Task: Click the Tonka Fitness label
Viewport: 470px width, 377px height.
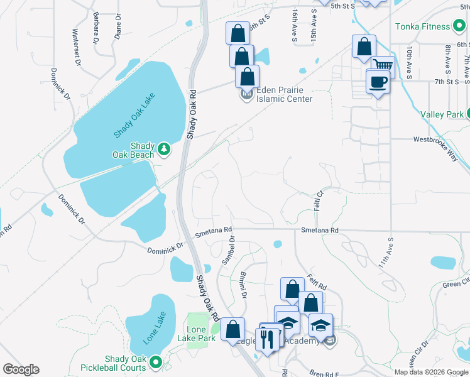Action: (422, 26)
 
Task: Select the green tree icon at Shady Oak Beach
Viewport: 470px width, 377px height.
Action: (164, 148)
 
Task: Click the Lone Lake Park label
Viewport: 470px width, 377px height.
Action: (201, 334)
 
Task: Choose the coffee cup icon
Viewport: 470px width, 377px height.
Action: (378, 82)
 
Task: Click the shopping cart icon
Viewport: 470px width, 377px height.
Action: (382, 65)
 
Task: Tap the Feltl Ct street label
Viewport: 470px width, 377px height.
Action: (319, 200)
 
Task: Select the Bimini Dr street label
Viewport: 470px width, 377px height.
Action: (242, 281)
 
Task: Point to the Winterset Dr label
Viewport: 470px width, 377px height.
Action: (76, 46)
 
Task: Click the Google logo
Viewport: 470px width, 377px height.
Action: (21, 369)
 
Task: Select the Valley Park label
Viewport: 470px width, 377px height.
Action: (442, 114)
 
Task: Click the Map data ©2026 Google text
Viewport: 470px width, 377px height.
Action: (431, 372)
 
